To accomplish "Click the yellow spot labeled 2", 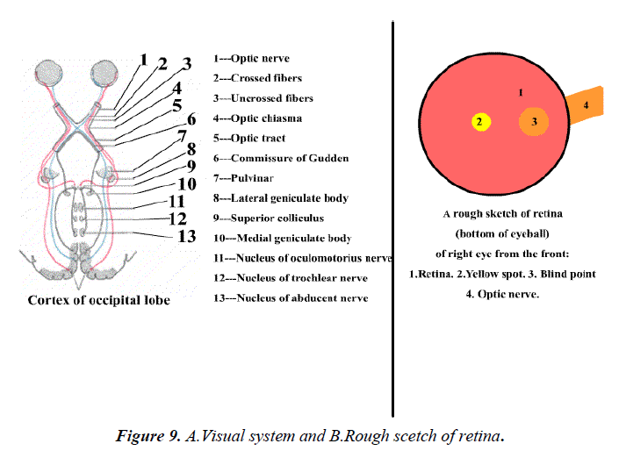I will pos(479,123).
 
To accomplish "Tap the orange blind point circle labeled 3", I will pos(533,123).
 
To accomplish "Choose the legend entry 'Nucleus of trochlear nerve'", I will pos(291,278).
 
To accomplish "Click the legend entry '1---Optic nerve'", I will pos(250,59).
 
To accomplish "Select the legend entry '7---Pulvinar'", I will pos(241,179).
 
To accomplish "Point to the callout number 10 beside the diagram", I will pos(187,184).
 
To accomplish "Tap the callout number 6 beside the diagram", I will pos(192,118).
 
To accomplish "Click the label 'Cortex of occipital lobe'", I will pos(99,300).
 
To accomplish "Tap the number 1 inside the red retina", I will pos(521,91).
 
